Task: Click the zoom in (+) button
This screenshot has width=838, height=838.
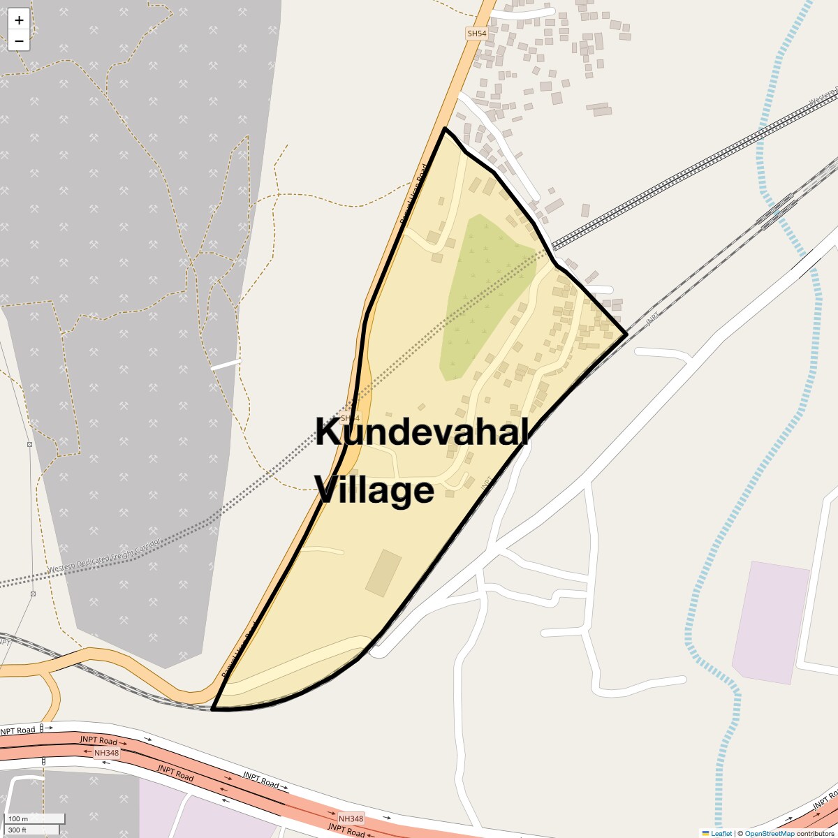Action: [19, 20]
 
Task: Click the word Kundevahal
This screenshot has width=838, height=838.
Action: [421, 432]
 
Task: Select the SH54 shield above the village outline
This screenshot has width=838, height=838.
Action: [476, 34]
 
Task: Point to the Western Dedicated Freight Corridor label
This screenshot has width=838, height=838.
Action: [105, 557]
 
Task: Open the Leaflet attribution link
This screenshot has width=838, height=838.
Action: [721, 833]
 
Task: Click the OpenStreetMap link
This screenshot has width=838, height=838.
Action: [770, 833]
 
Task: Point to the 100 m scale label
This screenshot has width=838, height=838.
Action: [19, 818]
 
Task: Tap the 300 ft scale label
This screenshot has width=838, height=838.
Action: [17, 830]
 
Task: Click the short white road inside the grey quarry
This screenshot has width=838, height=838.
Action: [225, 365]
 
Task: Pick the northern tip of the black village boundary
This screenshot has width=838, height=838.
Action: [445, 128]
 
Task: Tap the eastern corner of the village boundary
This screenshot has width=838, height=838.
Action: [626, 335]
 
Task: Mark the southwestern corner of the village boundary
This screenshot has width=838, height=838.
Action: [212, 708]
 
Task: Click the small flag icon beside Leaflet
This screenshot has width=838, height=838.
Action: [705, 833]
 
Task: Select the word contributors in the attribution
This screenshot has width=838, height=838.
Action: [816, 833]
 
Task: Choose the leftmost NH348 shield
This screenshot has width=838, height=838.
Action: [106, 753]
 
